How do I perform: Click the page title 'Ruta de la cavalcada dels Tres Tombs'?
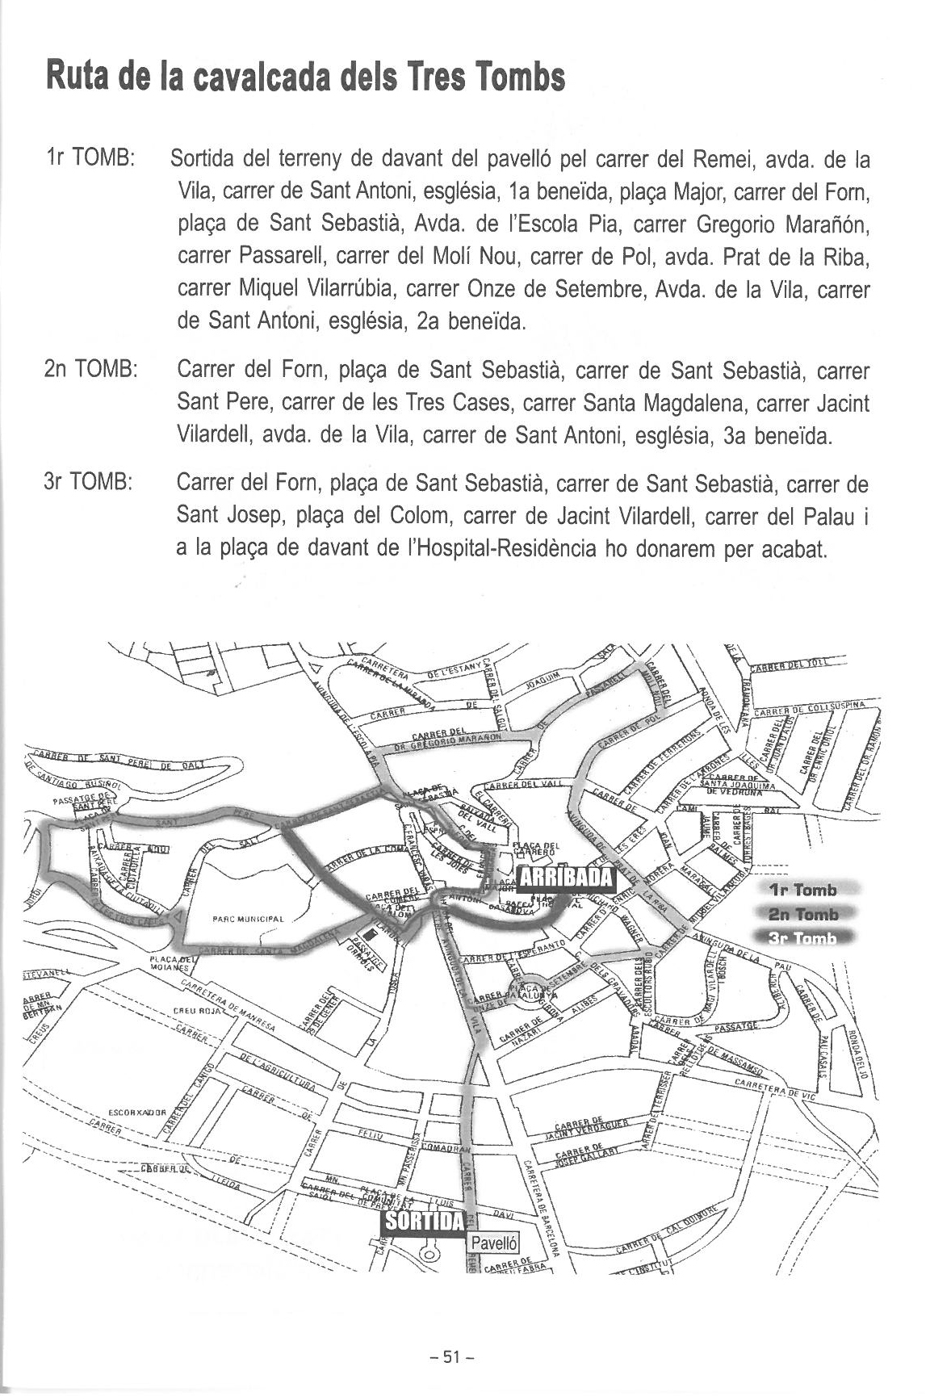click(x=305, y=78)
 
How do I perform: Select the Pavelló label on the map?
click(x=492, y=1243)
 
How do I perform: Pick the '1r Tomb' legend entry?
click(x=803, y=891)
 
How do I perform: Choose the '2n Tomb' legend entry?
click(x=803, y=914)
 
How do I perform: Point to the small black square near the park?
click(x=369, y=934)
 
